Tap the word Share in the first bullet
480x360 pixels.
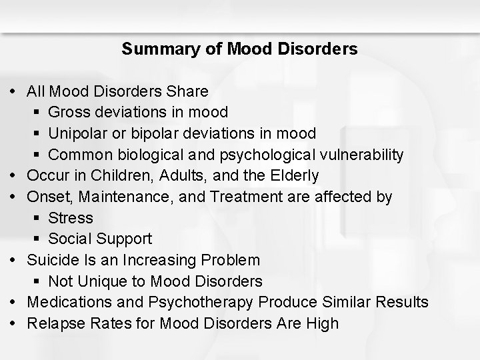[189, 91]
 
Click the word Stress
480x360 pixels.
[71, 218]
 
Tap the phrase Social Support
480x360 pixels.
[100, 239]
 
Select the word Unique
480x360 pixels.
[100, 281]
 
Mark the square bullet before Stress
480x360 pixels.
[39, 219]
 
